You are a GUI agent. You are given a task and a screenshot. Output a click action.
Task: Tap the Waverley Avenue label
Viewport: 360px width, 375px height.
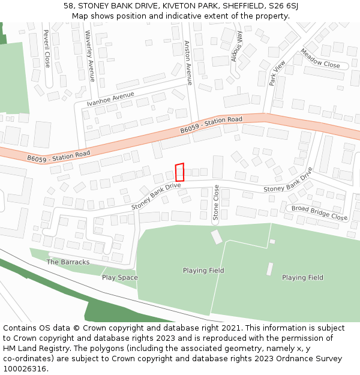coord(89,56)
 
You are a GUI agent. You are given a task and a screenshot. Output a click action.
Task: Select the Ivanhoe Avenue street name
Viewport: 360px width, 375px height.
coord(110,99)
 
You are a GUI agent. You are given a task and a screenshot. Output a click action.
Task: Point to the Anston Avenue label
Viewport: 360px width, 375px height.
coord(188,62)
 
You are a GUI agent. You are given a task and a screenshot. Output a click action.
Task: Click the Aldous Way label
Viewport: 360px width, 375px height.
coord(237,47)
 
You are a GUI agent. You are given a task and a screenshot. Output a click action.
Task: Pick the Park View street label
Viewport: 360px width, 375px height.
coord(278,73)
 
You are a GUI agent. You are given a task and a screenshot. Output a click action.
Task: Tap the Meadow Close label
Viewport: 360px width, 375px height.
coord(320,58)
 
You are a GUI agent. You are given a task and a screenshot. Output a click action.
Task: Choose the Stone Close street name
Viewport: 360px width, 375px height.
coord(217,203)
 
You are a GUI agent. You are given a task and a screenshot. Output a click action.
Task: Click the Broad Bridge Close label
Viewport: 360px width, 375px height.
coord(319,212)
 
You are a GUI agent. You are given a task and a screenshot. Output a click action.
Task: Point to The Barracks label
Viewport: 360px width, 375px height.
coord(68,262)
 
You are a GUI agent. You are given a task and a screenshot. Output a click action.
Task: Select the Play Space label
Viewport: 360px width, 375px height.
coord(119,277)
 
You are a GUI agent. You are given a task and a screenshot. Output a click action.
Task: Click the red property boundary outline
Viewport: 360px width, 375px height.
coord(179,172)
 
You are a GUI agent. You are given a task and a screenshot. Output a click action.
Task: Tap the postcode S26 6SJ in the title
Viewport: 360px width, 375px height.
coord(282,6)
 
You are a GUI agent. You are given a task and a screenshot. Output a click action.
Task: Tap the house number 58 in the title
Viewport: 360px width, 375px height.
coord(69,6)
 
